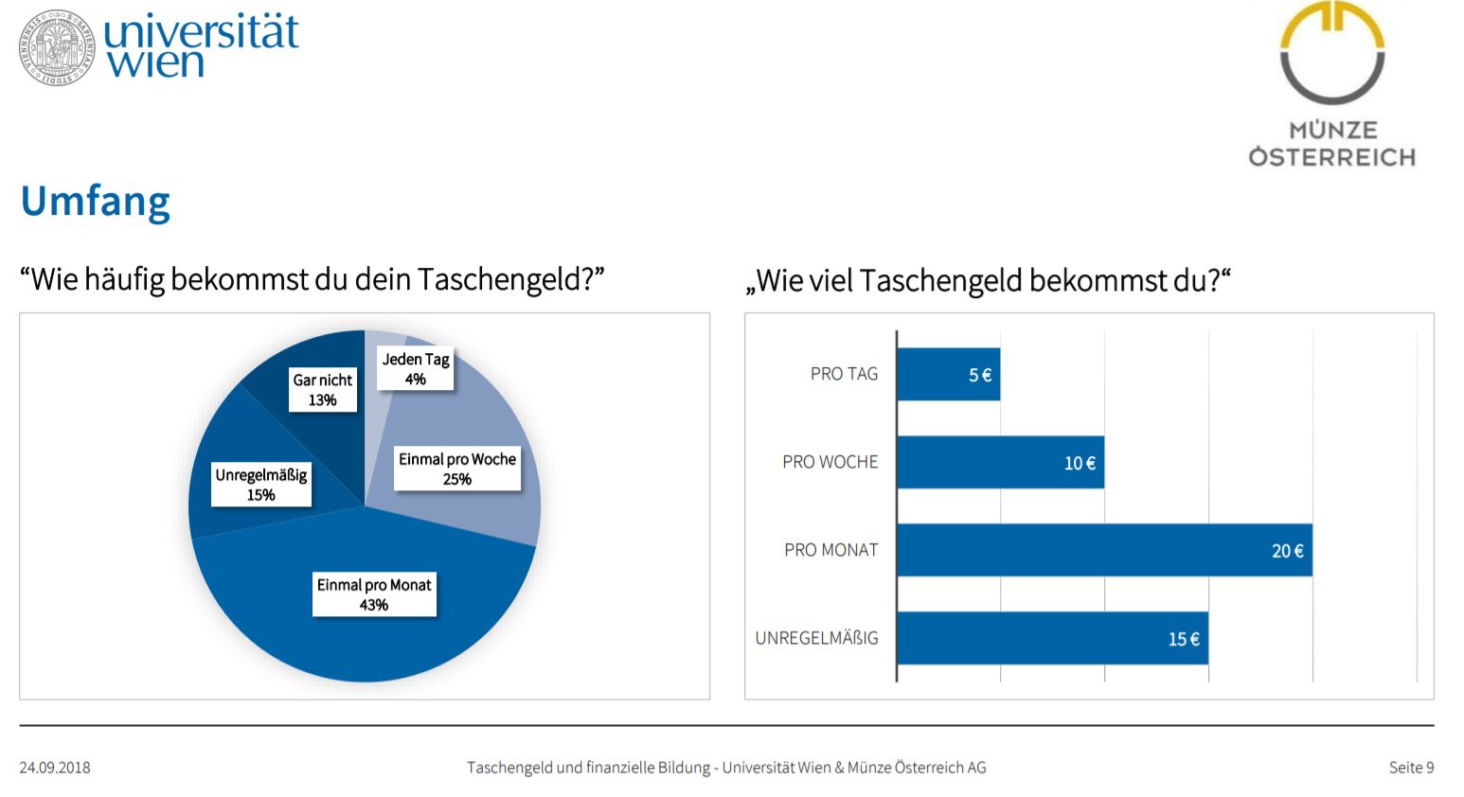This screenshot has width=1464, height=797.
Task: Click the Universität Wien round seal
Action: [57, 47]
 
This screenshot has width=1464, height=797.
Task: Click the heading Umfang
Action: [96, 202]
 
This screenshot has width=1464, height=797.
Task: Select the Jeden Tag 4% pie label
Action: [416, 369]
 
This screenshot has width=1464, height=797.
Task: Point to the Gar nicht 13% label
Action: [323, 390]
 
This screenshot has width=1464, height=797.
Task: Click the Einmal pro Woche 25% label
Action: [457, 469]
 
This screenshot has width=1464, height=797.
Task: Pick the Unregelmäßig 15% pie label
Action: [261, 485]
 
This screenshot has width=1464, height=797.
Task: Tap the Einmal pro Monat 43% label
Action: [374, 594]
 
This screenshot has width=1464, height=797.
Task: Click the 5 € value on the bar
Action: [980, 375]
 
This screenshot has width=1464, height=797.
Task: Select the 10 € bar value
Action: [1080, 463]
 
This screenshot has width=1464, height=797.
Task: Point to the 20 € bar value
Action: [1288, 551]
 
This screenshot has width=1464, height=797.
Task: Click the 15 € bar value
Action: [1184, 639]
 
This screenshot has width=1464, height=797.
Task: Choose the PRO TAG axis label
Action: [844, 374]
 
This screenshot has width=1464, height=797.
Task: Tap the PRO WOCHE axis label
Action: [830, 463]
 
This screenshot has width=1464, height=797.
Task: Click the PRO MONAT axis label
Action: [830, 551]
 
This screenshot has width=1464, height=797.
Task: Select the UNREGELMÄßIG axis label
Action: [816, 638]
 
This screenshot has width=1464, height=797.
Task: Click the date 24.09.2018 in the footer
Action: [55, 768]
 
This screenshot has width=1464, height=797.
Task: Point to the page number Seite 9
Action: [1411, 768]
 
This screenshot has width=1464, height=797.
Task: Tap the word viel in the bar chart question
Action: [830, 281]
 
